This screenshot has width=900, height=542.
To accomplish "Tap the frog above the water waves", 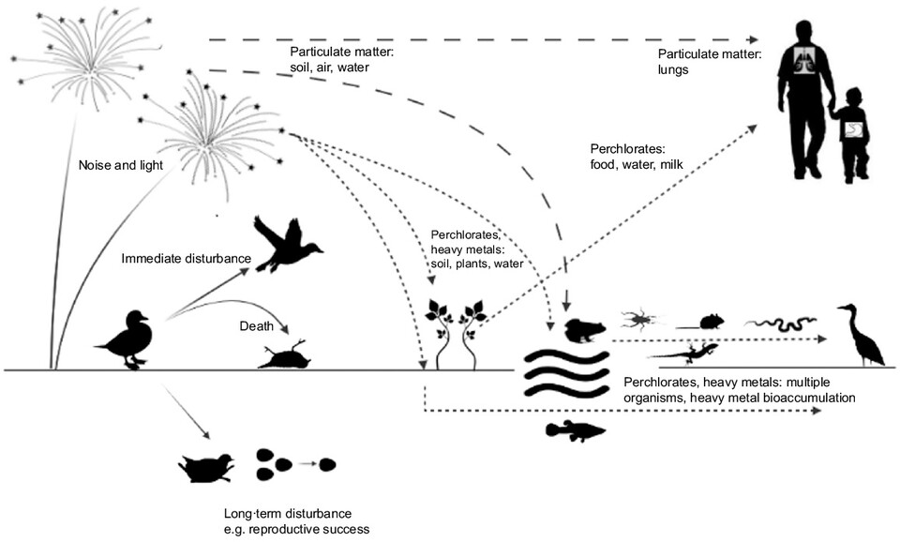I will pos(583,330).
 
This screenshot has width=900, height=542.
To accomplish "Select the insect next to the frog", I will pos(642,321).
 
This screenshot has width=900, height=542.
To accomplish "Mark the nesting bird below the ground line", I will pos(210,466).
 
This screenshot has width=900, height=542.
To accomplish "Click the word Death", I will pos(254,326).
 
